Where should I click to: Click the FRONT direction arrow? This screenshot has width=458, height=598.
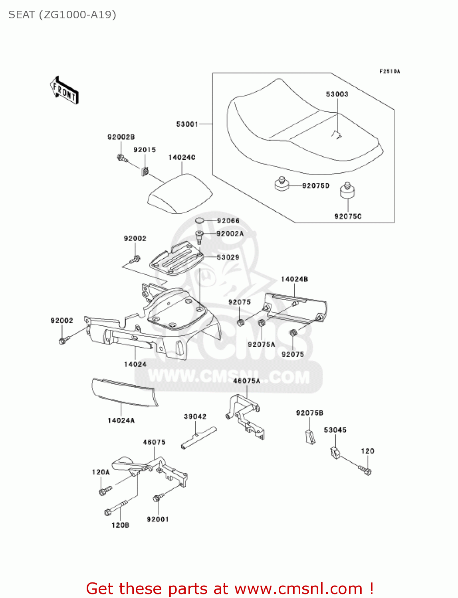pos(64,90)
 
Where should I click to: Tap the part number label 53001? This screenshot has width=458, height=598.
pos(187,124)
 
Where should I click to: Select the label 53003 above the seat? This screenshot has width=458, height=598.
pos(337,94)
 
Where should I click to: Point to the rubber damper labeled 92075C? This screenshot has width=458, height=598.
pos(347,191)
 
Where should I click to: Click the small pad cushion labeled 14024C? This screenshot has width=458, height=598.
pos(180,195)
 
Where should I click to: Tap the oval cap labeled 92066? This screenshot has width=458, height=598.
pos(200,221)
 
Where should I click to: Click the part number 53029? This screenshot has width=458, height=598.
pos(228,257)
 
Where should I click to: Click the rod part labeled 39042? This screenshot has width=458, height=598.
pos(198,437)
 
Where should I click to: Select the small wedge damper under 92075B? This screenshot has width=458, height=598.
pos(310,437)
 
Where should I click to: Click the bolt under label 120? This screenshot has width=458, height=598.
pos(365,470)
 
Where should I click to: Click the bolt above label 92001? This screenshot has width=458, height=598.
pos(158,498)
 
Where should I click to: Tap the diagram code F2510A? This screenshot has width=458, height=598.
pos(389,72)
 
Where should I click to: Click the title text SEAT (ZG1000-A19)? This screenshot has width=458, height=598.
pos(62,15)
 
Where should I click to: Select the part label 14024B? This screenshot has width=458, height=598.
pos(294,279)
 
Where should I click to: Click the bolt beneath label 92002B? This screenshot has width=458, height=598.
pos(122,159)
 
